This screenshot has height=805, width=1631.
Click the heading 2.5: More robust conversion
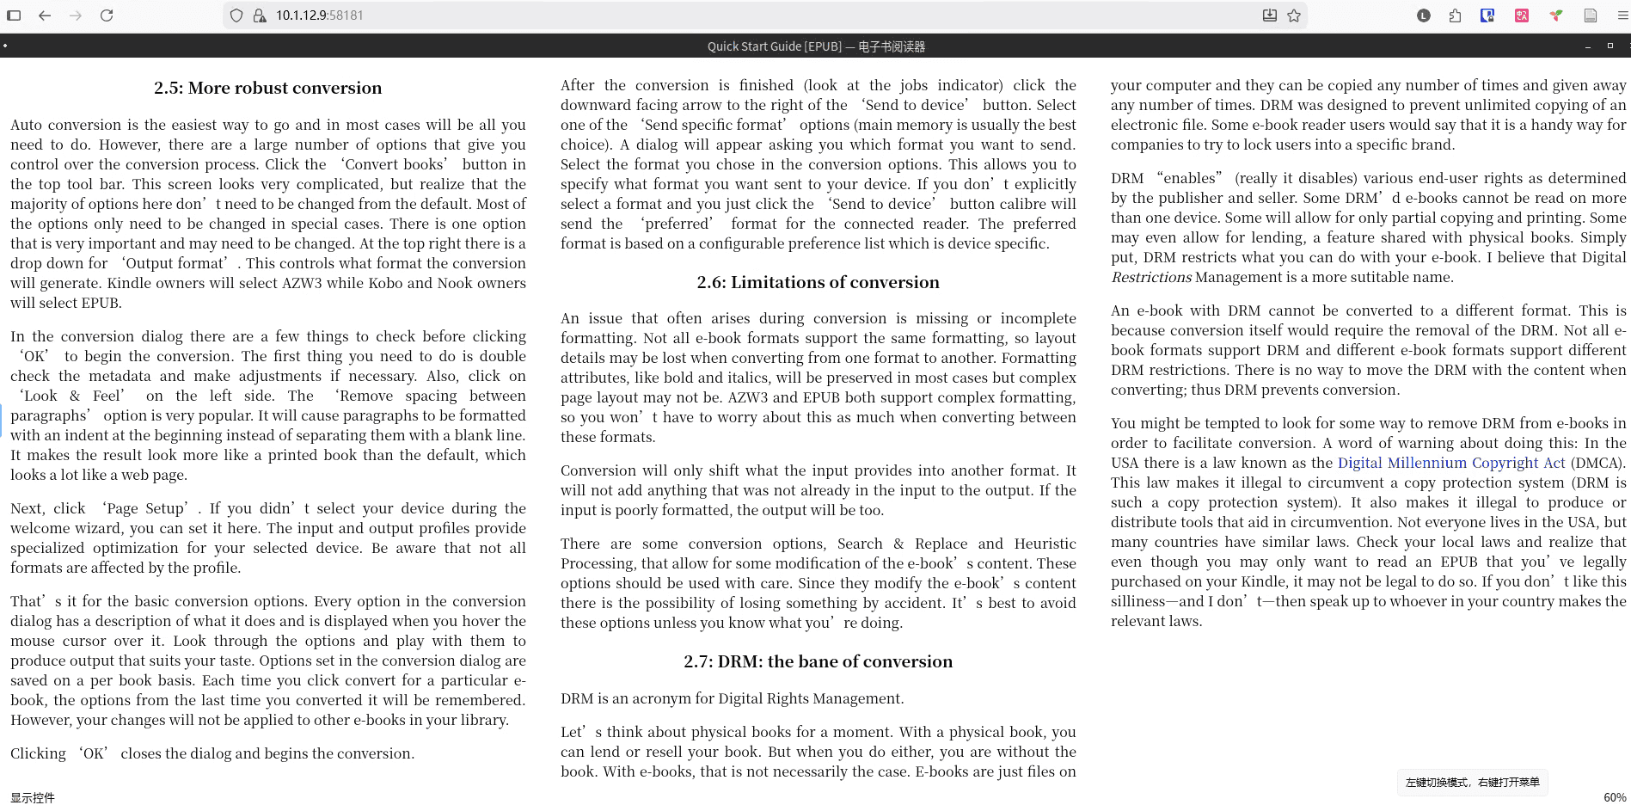pyautogui.click(x=267, y=88)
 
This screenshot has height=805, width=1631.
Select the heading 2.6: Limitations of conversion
pyautogui.click(x=818, y=282)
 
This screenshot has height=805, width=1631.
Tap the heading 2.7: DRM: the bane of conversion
pyautogui.click(x=818, y=661)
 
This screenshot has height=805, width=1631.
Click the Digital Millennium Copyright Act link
pyautogui.click(x=1451, y=463)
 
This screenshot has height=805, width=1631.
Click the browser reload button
pyautogui.click(x=107, y=15)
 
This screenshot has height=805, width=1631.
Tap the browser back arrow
pyautogui.click(x=45, y=15)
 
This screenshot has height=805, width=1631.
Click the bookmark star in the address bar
pyautogui.click(x=1294, y=15)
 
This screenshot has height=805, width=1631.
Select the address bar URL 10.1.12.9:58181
pyautogui.click(x=319, y=15)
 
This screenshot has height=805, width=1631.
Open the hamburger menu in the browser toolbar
pyautogui.click(x=1622, y=15)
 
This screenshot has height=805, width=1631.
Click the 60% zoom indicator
pyautogui.click(x=1614, y=797)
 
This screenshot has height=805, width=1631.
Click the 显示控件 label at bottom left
pyautogui.click(x=33, y=797)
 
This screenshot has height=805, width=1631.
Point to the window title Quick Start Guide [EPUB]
pyautogui.click(x=774, y=46)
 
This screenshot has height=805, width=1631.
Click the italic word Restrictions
pyautogui.click(x=1150, y=277)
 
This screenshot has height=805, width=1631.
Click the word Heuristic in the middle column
pyautogui.click(x=1045, y=544)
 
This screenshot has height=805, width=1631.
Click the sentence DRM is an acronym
pyautogui.click(x=732, y=698)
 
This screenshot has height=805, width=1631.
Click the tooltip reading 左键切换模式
pyautogui.click(x=1472, y=782)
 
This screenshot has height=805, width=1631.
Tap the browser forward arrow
pyautogui.click(x=76, y=15)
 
